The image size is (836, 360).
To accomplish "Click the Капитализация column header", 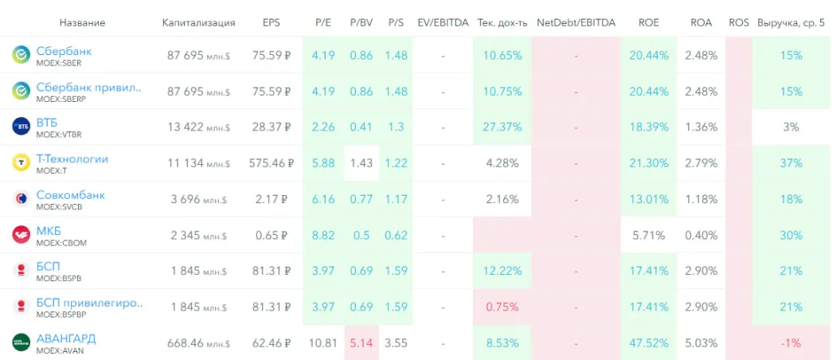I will [x=198, y=22].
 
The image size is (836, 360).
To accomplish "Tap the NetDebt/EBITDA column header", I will [x=575, y=22].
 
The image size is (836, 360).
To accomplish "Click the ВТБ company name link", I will [x=47, y=123].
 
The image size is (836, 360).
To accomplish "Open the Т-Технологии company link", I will [x=72, y=158].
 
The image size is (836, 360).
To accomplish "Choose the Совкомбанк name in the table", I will [x=70, y=195].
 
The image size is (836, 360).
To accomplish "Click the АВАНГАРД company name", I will [x=66, y=338].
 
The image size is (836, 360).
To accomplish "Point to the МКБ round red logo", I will [x=21, y=235].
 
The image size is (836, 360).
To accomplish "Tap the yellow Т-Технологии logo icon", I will [x=21, y=163].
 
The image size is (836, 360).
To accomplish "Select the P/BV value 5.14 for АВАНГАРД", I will [x=361, y=343].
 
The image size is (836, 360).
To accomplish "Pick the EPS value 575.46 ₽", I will [x=271, y=163].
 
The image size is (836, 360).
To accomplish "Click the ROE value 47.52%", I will [x=648, y=343].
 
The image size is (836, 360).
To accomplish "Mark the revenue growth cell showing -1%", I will [x=791, y=343].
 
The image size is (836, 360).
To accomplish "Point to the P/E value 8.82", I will [x=323, y=235].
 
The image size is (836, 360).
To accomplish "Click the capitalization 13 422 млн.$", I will [x=198, y=127].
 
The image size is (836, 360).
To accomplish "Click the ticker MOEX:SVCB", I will [x=59, y=206].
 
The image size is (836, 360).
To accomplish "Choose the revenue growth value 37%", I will [x=791, y=163].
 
